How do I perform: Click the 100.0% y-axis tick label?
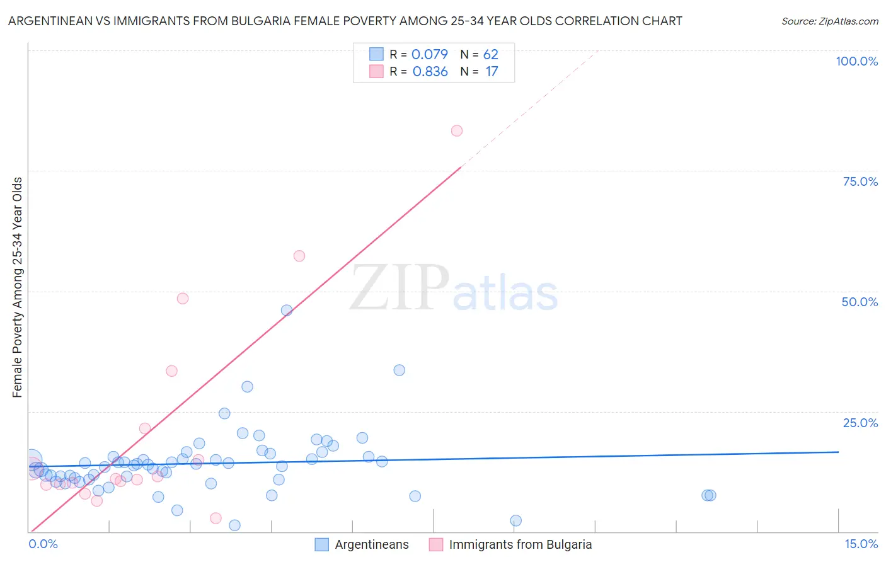856,61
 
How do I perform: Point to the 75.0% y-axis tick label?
860,181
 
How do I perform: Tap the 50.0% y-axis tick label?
860,302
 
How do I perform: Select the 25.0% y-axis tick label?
860,423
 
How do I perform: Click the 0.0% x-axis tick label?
43,544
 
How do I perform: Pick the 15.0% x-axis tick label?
861,544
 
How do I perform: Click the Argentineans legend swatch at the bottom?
322,545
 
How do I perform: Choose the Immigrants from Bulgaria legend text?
520,545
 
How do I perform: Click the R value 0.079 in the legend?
429,55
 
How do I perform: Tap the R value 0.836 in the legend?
430,72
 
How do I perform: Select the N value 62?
490,55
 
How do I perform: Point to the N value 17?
492,72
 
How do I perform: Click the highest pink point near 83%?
457,131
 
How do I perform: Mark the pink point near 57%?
299,256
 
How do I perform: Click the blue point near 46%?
287,310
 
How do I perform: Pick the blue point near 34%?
399,370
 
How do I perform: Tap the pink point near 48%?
183,299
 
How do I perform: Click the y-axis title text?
17,287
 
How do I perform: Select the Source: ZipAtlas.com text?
829,21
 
